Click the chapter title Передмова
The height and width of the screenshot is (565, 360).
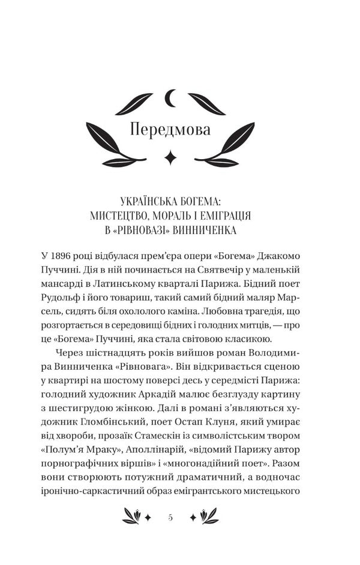point(170,130)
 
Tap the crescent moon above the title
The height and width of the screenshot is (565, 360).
point(170,97)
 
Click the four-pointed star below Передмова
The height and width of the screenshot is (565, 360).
point(171,157)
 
